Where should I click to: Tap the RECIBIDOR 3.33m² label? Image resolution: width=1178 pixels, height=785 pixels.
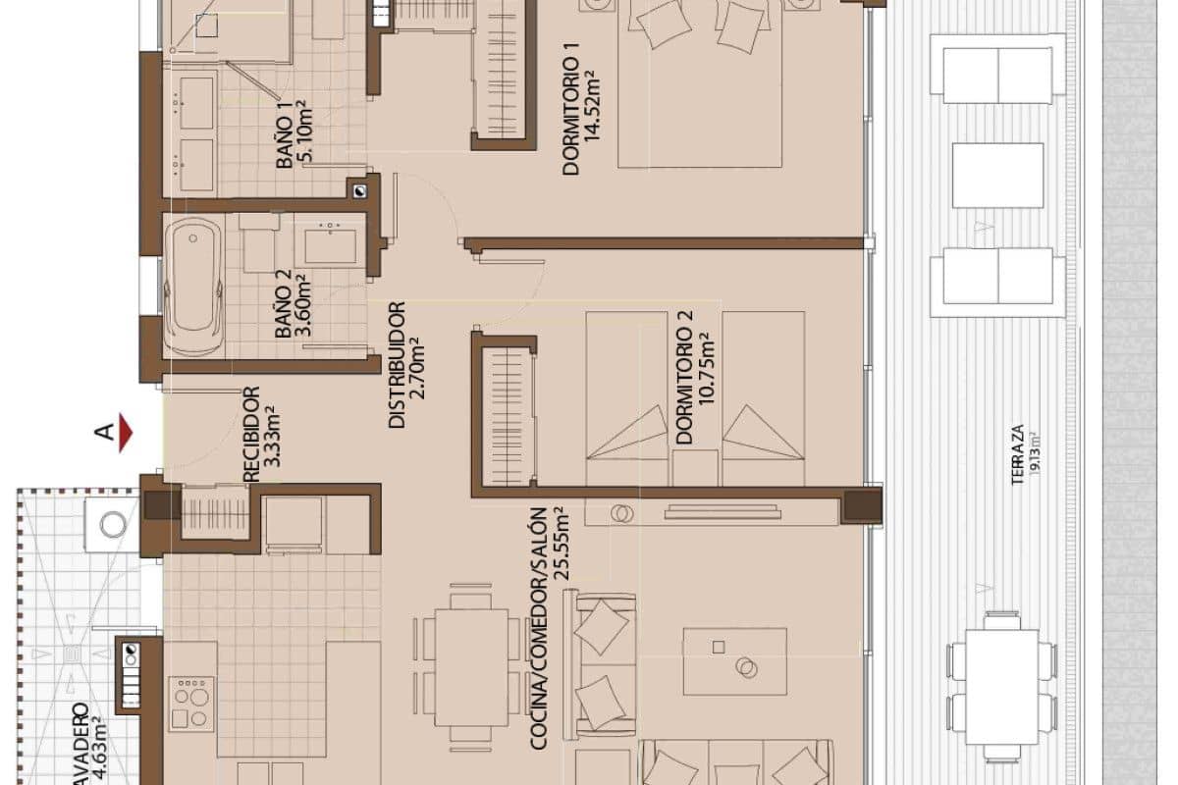tap(261, 434)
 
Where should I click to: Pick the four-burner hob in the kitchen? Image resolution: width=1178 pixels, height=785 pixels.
tap(191, 703)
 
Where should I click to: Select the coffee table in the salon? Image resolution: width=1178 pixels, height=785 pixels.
tap(734, 660)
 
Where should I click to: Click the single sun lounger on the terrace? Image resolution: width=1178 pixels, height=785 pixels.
tap(997, 175)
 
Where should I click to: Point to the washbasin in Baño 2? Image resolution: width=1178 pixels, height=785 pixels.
tap(330, 242)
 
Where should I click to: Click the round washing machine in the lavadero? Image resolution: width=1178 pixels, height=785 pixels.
tap(113, 524)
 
